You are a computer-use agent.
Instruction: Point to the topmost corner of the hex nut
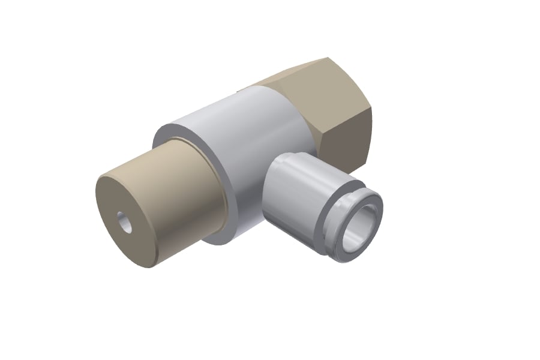(x=328, y=58)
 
